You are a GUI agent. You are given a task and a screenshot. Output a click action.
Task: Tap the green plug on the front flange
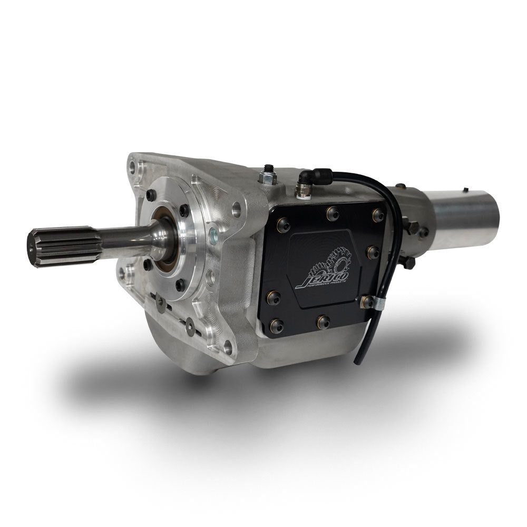(212, 232)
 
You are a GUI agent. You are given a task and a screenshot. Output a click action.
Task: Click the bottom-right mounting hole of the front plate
(227, 346)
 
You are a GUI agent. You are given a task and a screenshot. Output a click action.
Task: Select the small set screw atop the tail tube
(465, 189)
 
